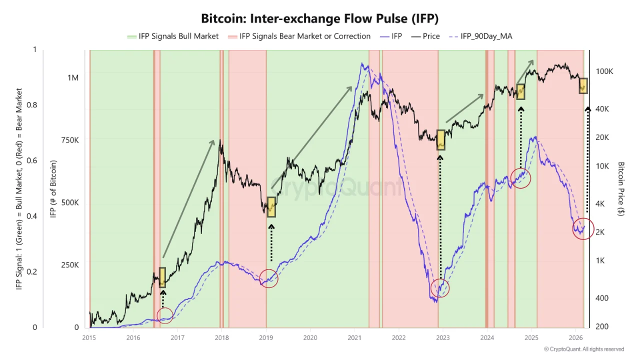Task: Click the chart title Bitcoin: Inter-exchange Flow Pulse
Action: coord(319,18)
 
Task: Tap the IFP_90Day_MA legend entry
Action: coord(481,36)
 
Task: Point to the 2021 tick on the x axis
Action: coord(354,337)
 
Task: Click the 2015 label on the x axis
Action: coord(89,337)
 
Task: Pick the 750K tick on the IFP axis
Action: coord(69,140)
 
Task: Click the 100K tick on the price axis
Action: coord(604,71)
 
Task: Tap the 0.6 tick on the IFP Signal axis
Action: coord(31,160)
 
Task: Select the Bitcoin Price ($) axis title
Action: coord(621,188)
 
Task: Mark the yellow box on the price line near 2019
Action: coord(271,207)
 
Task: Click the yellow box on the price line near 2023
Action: coord(440,140)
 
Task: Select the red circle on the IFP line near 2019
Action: coord(269,278)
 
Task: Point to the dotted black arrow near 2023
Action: coord(440,220)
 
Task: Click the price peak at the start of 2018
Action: coord(220,146)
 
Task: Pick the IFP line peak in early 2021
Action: coord(361,64)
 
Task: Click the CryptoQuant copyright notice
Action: coord(584,349)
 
